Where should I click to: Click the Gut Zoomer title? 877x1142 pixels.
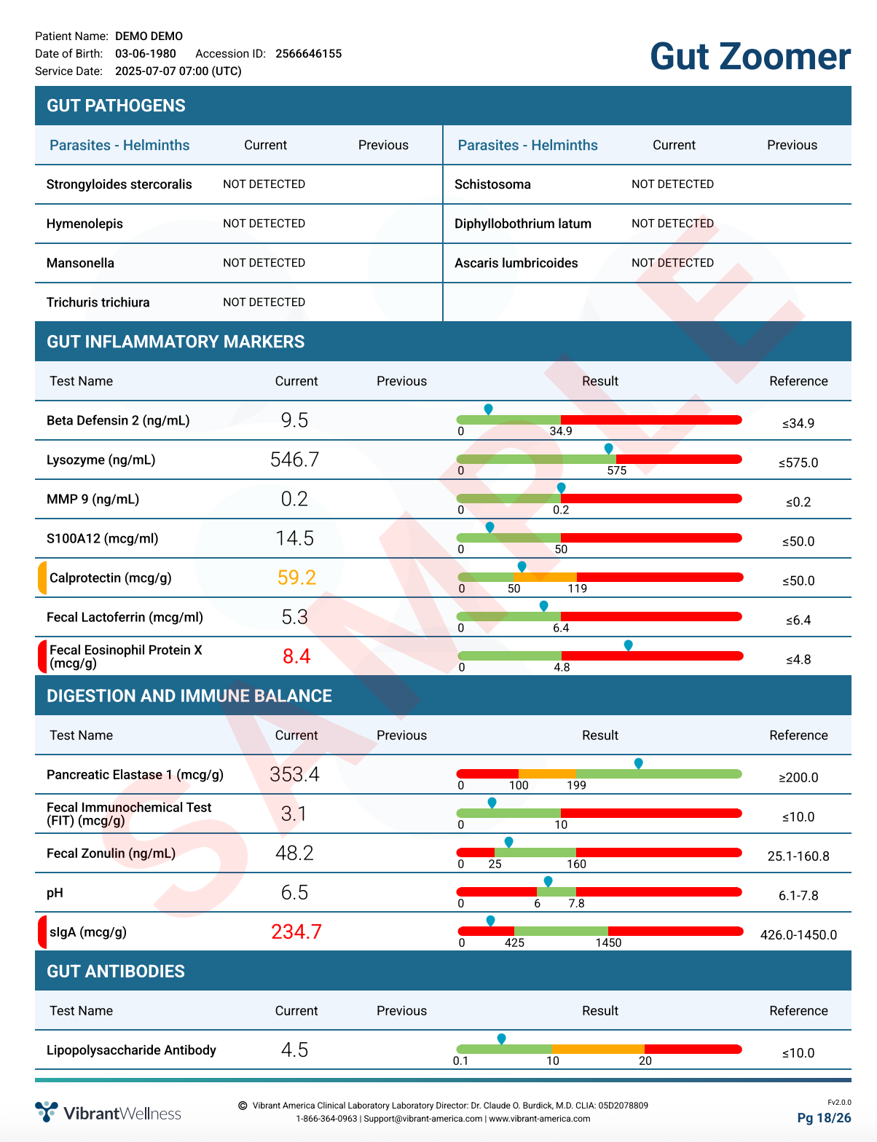coord(750,57)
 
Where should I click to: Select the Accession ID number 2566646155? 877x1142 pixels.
coord(308,54)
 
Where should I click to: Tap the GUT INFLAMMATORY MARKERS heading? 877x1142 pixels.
coord(176,342)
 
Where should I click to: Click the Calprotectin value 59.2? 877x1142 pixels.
coord(296,578)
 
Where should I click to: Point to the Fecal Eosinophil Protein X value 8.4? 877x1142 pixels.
coord(296,656)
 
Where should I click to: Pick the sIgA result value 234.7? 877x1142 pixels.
coord(296,932)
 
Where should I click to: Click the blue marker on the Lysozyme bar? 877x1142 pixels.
coord(608,449)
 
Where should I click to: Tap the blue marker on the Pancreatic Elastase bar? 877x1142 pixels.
coord(638,763)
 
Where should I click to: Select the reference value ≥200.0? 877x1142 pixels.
coord(798,777)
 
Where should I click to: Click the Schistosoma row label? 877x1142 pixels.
coord(492,184)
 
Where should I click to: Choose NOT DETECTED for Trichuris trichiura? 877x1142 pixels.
coord(264,302)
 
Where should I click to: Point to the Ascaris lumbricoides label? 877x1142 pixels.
coord(516,263)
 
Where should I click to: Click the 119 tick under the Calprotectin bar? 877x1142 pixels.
coord(578,588)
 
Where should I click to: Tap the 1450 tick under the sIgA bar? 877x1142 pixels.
coord(608,942)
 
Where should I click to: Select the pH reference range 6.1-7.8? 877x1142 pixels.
coord(798,895)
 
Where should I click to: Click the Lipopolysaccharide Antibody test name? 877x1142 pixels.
coord(131,1050)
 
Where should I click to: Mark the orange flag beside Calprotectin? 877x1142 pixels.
coord(42,578)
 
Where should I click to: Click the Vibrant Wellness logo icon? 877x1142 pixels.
coord(47,1111)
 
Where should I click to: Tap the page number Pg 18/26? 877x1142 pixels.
coord(824,1118)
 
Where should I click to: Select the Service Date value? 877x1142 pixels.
coord(178,71)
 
